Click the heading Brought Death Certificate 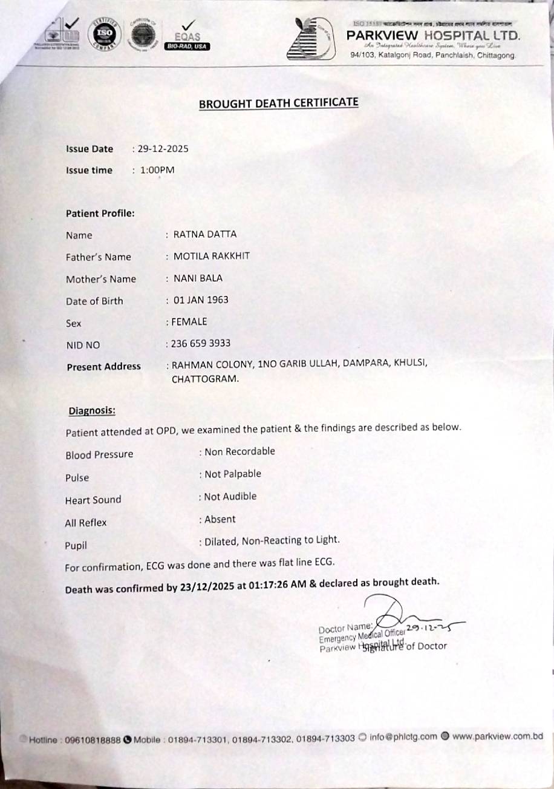[x=278, y=102]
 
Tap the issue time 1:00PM [x=157, y=170]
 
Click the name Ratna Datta [x=205, y=234]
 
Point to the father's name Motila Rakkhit [x=211, y=256]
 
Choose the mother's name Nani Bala [x=198, y=278]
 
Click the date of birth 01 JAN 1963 [x=201, y=300]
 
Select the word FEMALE [x=189, y=322]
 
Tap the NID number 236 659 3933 [x=200, y=344]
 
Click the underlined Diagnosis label [x=92, y=411]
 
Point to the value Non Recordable [x=240, y=451]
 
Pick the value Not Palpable [x=233, y=474]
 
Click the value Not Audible [x=230, y=496]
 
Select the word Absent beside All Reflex [x=220, y=519]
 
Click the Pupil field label [x=76, y=545]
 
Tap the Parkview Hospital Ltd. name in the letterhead [x=433, y=36]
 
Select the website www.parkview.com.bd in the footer [x=497, y=736]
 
